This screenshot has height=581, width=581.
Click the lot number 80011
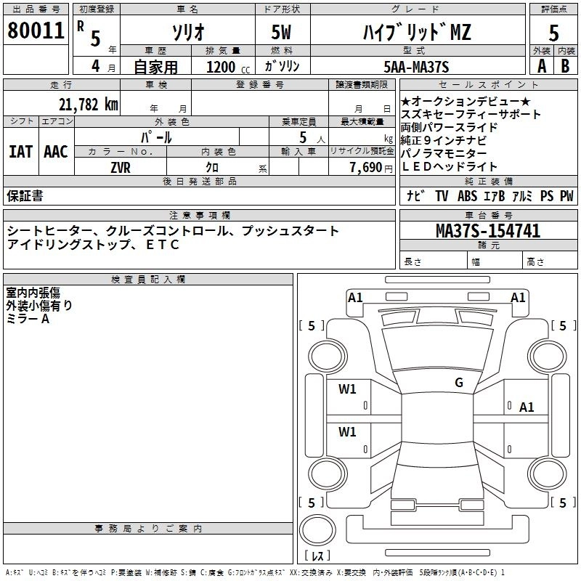(x=36, y=31)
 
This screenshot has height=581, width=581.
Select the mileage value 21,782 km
(x=89, y=105)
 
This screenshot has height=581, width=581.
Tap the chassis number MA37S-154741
(x=488, y=231)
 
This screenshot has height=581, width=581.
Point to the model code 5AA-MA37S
(x=416, y=67)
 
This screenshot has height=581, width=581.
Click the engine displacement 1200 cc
(x=228, y=67)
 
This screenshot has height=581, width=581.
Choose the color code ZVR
(x=121, y=168)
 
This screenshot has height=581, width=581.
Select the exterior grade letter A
(x=542, y=66)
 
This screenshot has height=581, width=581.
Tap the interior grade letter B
(x=565, y=66)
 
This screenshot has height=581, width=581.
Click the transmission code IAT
(x=21, y=152)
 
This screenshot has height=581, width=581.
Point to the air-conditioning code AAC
(x=56, y=152)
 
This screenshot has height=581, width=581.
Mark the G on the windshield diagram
(x=459, y=382)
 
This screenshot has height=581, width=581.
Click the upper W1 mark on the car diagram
(x=347, y=389)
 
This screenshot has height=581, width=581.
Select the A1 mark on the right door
(x=527, y=407)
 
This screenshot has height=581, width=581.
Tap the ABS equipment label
(x=467, y=195)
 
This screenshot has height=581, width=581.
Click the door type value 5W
(x=281, y=32)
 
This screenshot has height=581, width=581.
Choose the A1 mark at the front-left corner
(x=355, y=298)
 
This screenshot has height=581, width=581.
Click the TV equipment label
(x=442, y=195)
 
